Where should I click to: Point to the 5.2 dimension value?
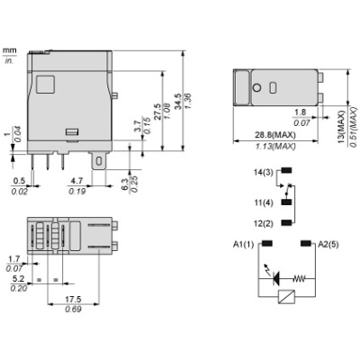pyautogui.click(x=20, y=279)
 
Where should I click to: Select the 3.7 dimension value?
pyautogui.click(x=135, y=129)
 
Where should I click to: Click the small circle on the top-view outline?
pyautogui.click(x=257, y=87)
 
